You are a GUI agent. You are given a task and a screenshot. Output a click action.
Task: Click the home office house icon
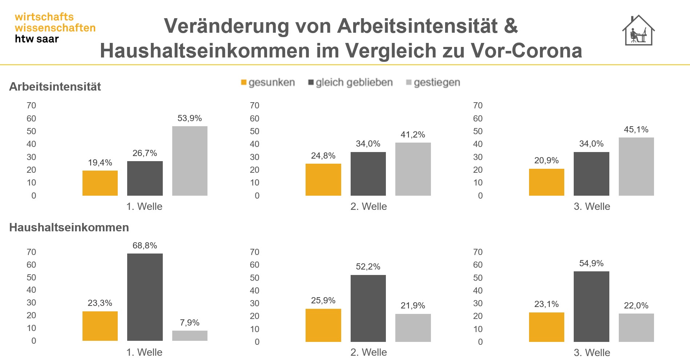click(638, 31)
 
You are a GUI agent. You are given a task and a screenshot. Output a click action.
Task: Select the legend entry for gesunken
click(268, 83)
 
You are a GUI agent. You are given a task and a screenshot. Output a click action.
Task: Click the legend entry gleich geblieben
click(350, 83)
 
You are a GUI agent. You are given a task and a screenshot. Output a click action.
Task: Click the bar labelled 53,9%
click(190, 161)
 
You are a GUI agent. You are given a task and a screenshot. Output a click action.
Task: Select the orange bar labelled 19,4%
click(100, 183)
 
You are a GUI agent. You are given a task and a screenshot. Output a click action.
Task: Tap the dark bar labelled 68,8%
click(145, 297)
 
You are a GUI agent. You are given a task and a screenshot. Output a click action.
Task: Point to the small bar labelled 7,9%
click(190, 335)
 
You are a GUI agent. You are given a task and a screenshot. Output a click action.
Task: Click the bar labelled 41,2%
click(413, 169)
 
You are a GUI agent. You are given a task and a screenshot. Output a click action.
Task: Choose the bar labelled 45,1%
click(636, 166)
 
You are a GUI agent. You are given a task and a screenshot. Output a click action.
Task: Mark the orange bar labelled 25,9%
click(323, 325)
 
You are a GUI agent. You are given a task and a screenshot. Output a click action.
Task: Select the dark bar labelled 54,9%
click(591, 306)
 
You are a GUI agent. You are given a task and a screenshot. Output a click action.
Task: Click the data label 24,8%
click(323, 156)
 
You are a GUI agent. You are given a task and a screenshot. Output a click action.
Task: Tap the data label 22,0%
click(636, 306)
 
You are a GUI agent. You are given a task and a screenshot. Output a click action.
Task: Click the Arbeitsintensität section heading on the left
click(55, 87)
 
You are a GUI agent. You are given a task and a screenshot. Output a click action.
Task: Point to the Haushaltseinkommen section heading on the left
click(69, 227)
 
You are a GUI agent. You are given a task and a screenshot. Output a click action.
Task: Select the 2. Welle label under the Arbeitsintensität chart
click(368, 207)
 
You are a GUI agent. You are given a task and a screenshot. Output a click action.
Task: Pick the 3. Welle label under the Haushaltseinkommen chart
click(592, 352)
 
